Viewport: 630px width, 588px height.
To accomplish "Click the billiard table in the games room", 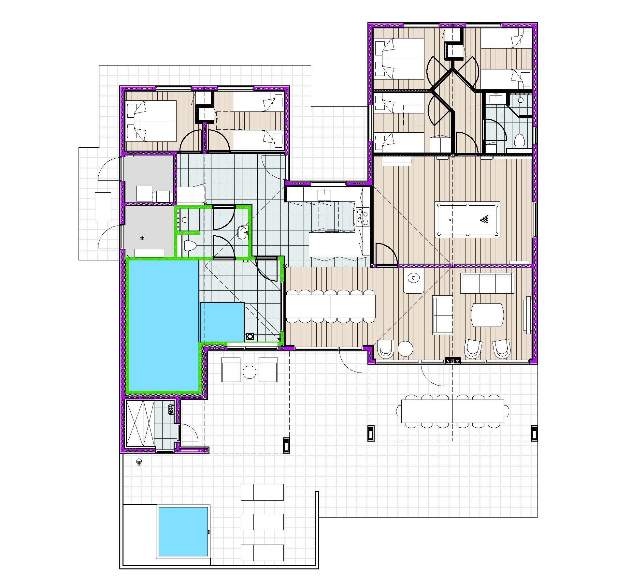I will point(467,220).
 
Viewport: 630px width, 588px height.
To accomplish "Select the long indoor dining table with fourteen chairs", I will point(330,306).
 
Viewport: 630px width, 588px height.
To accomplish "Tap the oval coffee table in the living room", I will point(487,315).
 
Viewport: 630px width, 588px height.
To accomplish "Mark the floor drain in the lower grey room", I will point(142,238).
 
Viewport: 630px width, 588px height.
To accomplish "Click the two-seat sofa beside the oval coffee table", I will point(442,315).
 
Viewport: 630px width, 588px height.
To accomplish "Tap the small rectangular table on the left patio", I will point(103,207).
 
